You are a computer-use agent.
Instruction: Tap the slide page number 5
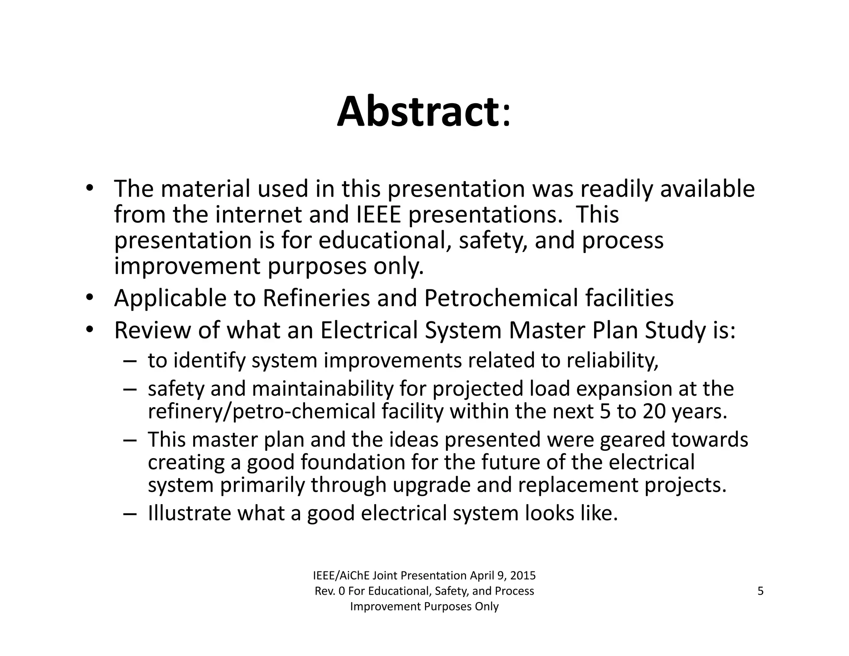coord(760,591)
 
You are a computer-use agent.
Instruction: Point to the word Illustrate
coord(189,513)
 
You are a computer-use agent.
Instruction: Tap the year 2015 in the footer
coord(523,576)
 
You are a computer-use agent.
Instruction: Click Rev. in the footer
coord(325,591)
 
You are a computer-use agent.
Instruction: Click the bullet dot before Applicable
coord(90,297)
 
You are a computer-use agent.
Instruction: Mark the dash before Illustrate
coord(129,514)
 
